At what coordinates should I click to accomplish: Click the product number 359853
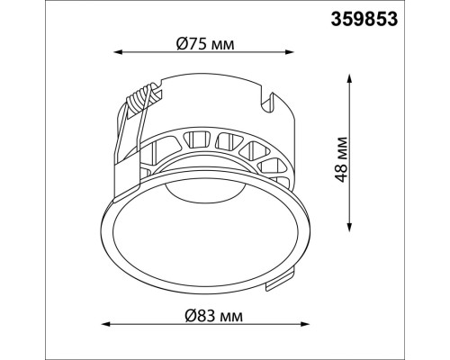[x=364, y=20]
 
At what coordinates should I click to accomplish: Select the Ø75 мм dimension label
[x=205, y=44]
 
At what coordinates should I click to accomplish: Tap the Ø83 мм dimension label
[x=213, y=316]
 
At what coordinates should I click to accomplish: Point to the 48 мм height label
[x=341, y=159]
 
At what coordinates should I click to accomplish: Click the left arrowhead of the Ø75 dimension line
[x=118, y=52]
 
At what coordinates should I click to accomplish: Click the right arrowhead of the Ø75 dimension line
[x=289, y=52]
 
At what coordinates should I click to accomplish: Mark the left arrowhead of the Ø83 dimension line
[x=106, y=324]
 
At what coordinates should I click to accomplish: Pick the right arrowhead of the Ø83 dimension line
[x=305, y=324]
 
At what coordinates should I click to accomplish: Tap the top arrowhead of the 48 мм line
[x=349, y=78]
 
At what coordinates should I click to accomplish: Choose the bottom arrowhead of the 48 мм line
[x=349, y=227]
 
